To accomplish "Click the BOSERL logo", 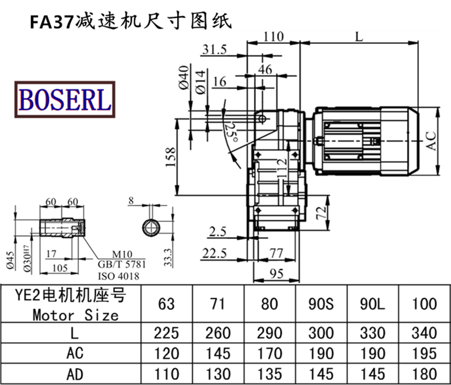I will [65, 99].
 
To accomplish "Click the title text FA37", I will [52, 22].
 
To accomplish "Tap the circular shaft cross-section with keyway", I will [151, 228].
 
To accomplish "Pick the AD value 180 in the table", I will [424, 373].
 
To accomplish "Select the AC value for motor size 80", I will [270, 353].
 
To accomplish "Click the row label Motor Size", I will [76, 314].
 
